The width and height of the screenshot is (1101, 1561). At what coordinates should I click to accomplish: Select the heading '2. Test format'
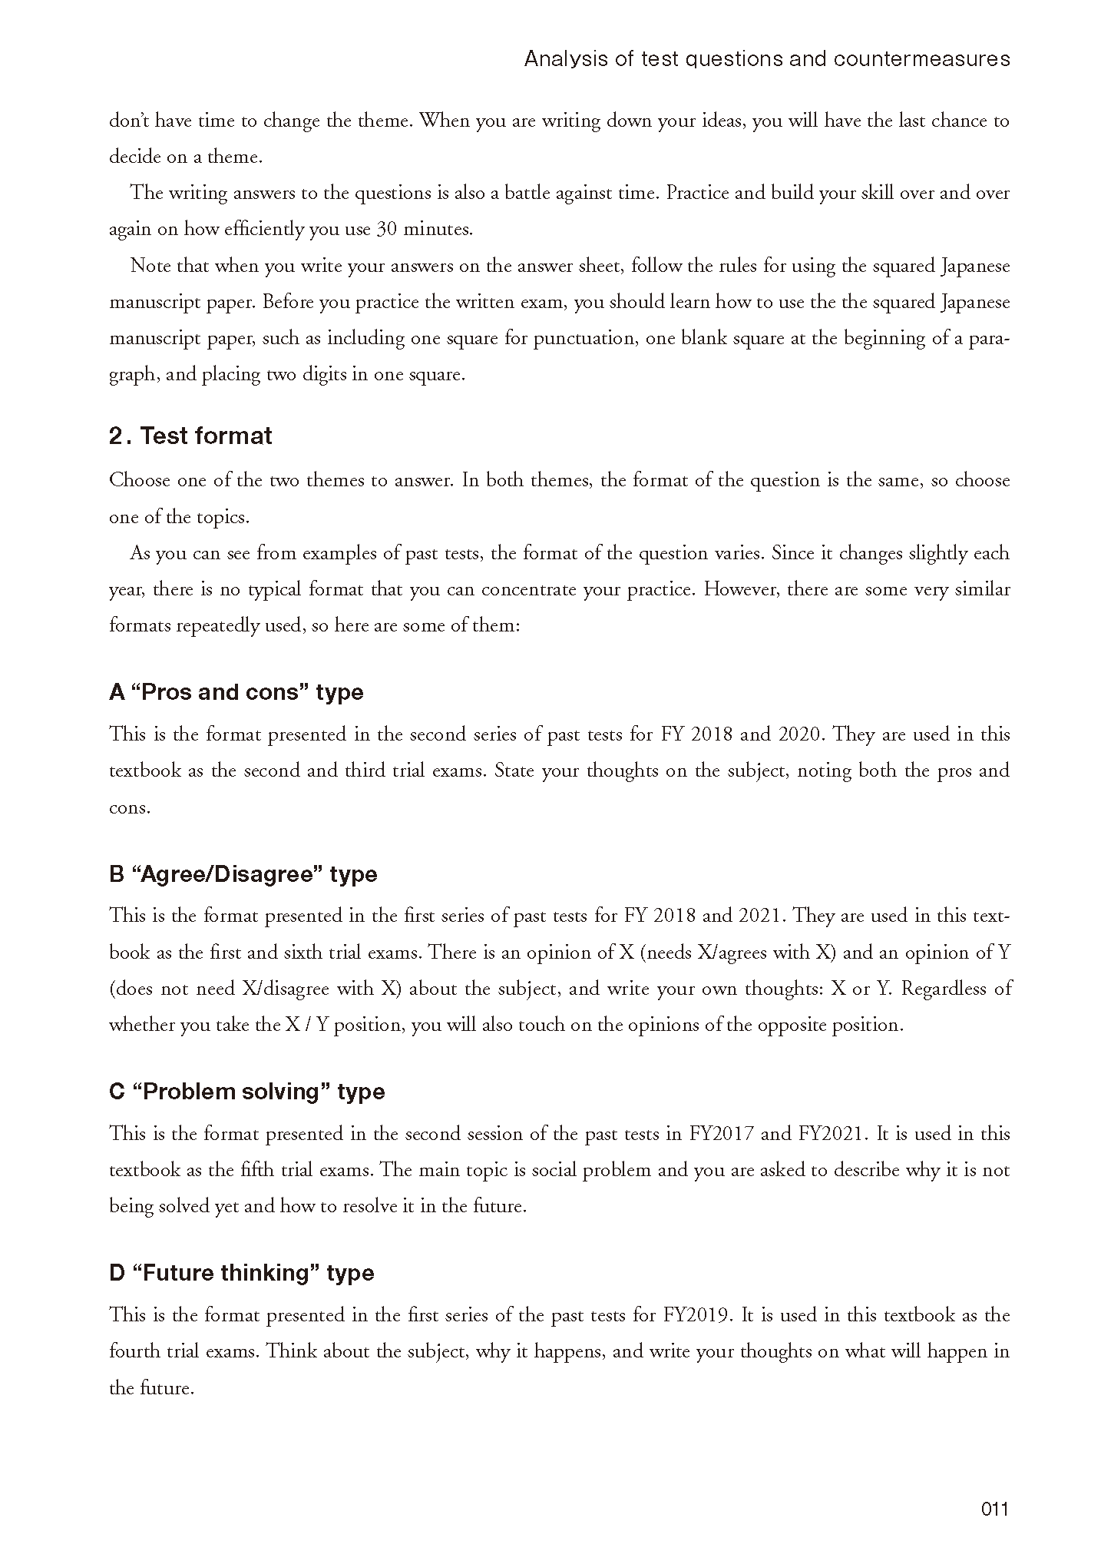pos(190,436)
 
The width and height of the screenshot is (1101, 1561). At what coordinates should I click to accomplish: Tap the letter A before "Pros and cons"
pos(117,692)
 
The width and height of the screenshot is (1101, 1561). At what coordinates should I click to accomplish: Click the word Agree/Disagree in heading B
pos(226,874)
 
